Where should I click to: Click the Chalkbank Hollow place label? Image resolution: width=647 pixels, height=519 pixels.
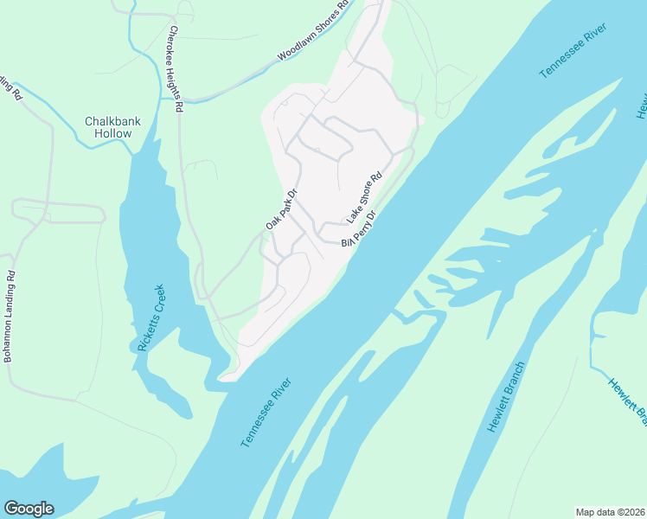point(108,127)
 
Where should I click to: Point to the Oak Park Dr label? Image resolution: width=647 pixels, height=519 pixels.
point(281,210)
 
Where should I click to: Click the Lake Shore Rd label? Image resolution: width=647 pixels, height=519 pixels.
point(364,198)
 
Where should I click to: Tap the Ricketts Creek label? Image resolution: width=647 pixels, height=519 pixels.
point(151,317)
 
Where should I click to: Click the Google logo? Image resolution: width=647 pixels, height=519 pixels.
point(29,509)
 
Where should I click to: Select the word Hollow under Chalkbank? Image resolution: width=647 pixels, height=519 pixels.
point(114,134)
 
